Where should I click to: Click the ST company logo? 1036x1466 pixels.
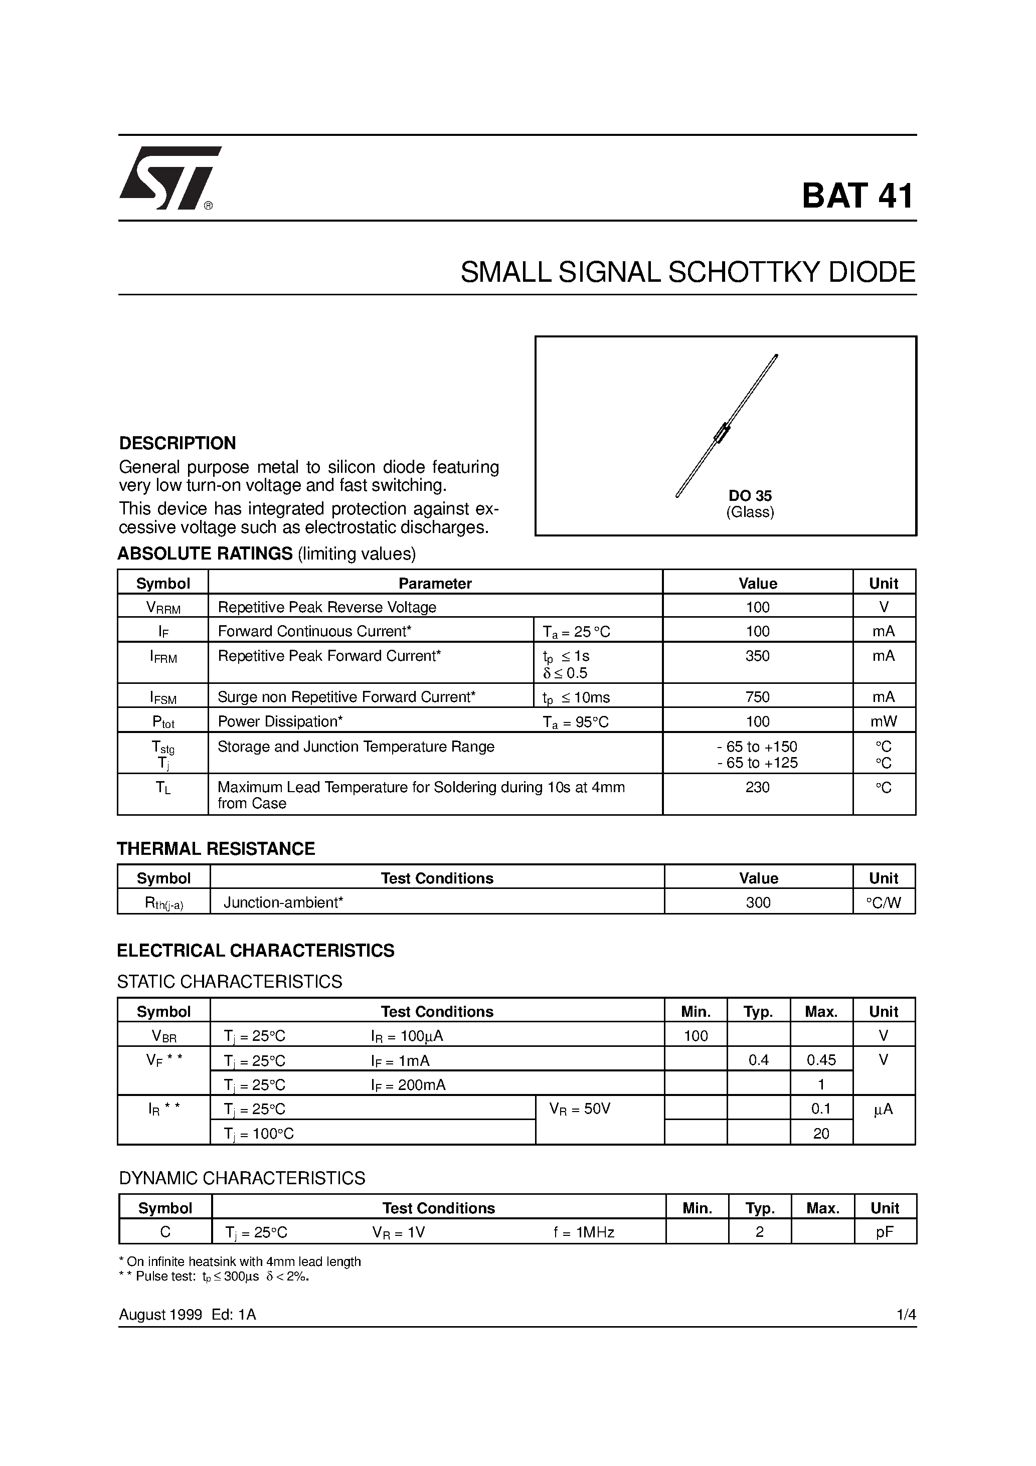tap(169, 178)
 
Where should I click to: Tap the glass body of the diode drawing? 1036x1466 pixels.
tap(722, 434)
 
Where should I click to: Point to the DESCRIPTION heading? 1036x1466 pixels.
tap(178, 443)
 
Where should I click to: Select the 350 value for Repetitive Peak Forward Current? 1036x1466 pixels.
tap(758, 656)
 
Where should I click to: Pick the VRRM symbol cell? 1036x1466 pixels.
tap(163, 607)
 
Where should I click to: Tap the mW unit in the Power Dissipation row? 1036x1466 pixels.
tap(884, 721)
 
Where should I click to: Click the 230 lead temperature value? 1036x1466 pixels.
tap(758, 787)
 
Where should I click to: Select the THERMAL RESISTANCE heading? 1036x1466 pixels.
tap(216, 849)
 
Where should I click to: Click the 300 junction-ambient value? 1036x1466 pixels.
tap(758, 902)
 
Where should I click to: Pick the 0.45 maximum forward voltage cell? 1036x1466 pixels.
tap(821, 1060)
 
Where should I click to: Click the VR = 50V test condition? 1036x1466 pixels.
tap(580, 1109)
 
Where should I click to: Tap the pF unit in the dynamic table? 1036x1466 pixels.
tap(885, 1232)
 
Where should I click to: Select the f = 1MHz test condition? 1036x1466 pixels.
tap(584, 1232)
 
